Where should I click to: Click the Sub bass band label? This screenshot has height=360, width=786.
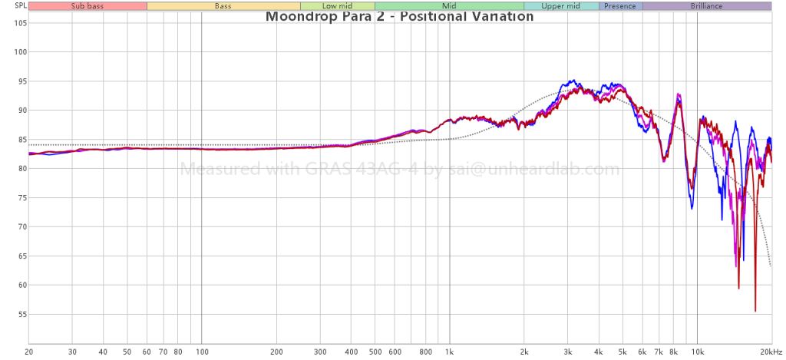(x=88, y=6)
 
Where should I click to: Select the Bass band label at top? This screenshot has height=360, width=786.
(x=223, y=6)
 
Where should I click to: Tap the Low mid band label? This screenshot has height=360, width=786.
(x=337, y=6)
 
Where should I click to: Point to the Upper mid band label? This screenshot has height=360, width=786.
(x=560, y=6)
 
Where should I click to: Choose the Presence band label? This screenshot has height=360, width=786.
(x=620, y=6)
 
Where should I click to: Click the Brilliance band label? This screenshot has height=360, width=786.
(x=706, y=6)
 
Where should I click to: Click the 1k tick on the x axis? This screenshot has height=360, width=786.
(x=450, y=351)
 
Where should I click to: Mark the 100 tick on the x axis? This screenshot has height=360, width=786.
(x=202, y=351)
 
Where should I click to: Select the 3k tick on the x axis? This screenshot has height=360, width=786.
(x=568, y=351)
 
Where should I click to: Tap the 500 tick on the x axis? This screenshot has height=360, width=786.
(x=375, y=351)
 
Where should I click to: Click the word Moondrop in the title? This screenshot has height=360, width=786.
(x=301, y=17)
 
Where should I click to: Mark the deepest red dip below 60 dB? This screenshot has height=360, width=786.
(x=755, y=310)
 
